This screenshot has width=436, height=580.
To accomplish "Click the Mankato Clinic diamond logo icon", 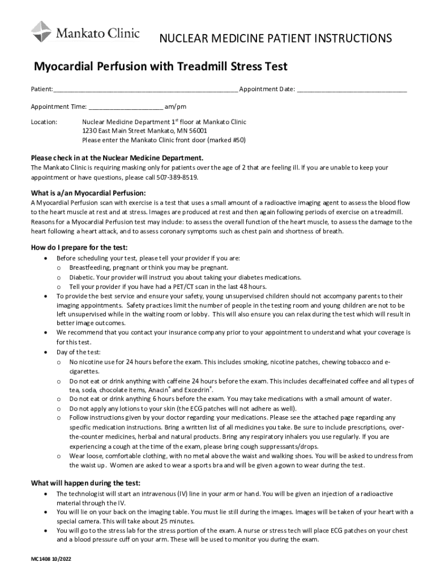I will click(41, 31).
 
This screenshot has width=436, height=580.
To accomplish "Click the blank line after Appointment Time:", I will click(125, 108).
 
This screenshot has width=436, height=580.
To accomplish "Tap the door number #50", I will click(236, 140).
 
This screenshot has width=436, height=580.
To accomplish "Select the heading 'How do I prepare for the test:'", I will click(79, 248).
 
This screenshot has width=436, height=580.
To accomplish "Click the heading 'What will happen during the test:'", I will click(86, 483).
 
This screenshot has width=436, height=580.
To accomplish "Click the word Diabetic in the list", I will click(82, 277).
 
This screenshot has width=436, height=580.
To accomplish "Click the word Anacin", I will click(158, 390).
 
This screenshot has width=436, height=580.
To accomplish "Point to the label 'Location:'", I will click(44, 122).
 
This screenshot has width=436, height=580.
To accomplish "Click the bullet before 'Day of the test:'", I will click(45, 352).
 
